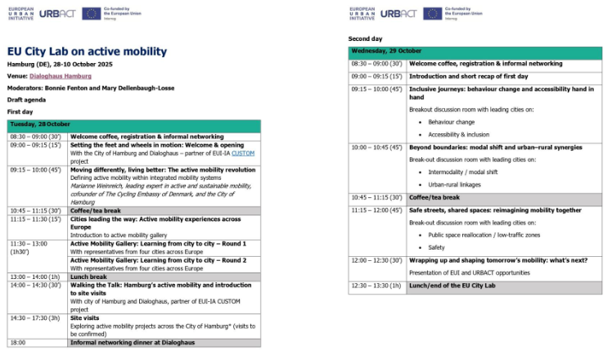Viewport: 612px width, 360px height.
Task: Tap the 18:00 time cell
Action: (x=19, y=343)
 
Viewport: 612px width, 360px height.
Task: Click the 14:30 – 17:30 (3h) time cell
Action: (x=35, y=317)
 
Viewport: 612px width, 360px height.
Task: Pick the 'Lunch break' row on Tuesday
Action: (x=89, y=277)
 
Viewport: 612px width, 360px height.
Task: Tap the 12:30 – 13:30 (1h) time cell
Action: (x=377, y=286)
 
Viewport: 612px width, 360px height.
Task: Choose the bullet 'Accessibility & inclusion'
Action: (x=458, y=134)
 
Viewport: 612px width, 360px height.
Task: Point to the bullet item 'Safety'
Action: (x=437, y=247)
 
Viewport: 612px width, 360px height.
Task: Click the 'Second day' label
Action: (x=365, y=38)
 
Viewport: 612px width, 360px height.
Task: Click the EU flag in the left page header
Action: (x=91, y=13)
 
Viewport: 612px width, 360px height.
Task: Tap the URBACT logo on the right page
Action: (x=399, y=13)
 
